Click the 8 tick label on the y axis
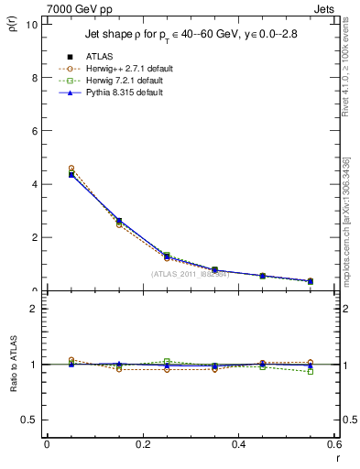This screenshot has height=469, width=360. click(36, 78)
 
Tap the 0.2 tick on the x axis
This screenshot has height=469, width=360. click(143, 444)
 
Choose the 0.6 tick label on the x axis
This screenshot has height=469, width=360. click(335, 444)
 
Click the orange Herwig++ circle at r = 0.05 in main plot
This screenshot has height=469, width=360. click(71, 169)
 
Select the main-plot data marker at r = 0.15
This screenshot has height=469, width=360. click(119, 221)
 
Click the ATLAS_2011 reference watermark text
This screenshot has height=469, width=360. click(190, 273)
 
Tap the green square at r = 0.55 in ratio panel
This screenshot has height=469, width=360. click(311, 371)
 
